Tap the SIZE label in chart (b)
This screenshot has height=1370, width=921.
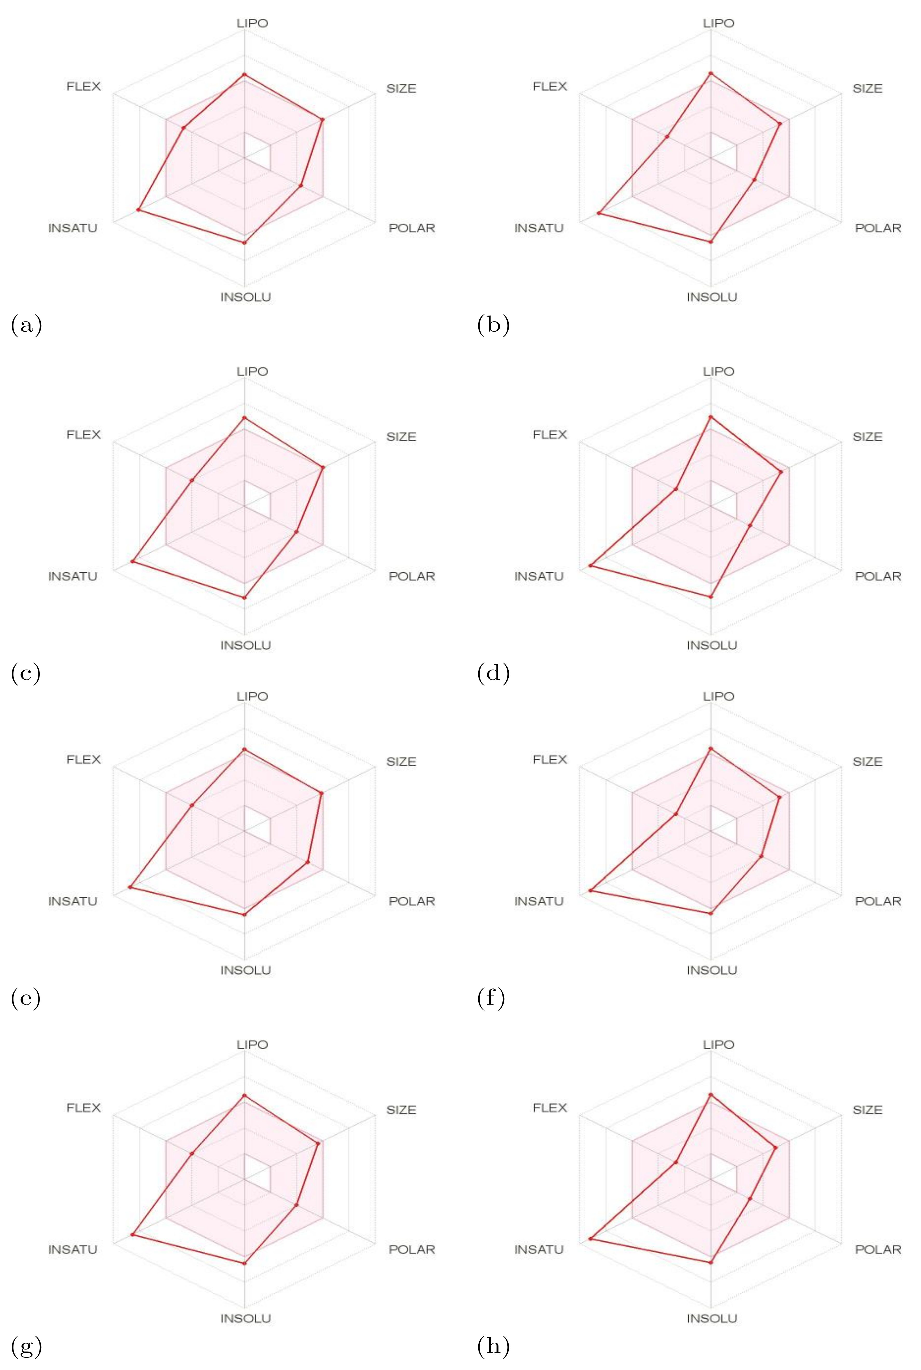[x=868, y=89]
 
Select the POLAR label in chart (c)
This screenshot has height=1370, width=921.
[x=412, y=576]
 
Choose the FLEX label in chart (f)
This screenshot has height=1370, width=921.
[x=550, y=760]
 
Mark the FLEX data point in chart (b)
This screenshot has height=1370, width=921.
[x=667, y=137]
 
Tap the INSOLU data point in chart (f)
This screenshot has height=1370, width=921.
[x=711, y=913]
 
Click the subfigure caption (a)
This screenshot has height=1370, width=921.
[x=26, y=325]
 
